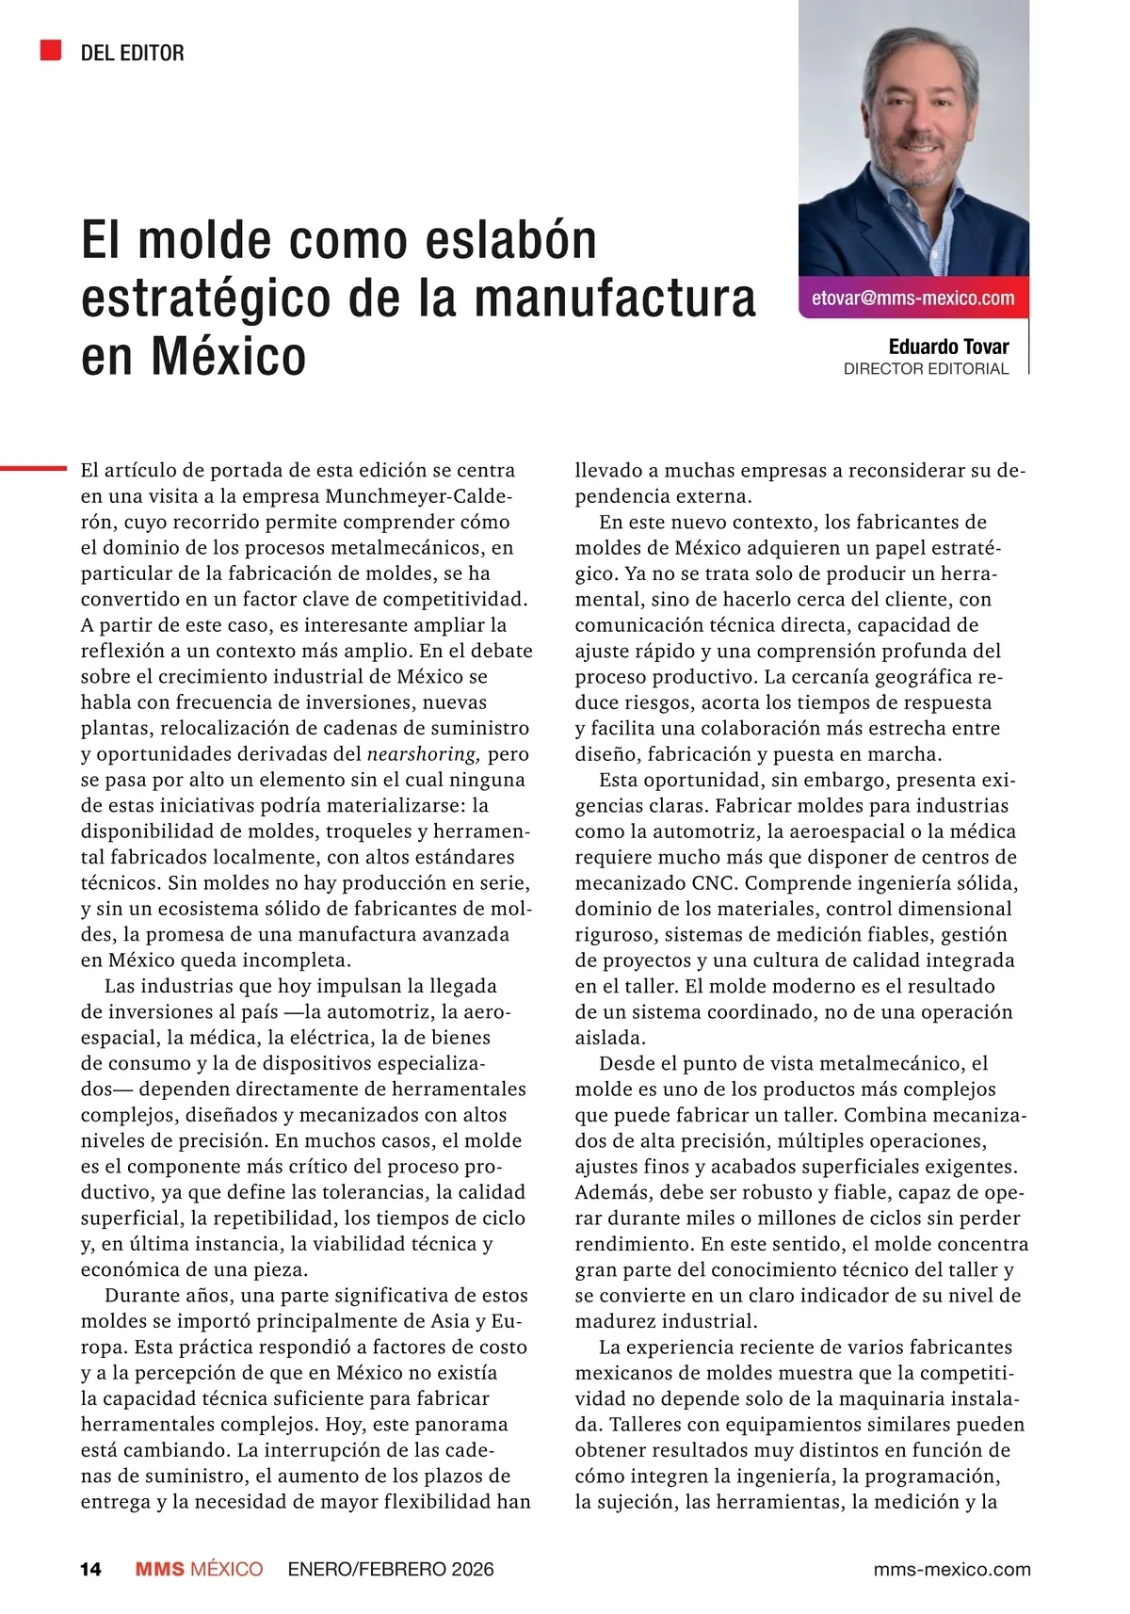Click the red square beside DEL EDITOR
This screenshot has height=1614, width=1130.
(x=51, y=51)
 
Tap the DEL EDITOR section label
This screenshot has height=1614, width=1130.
(x=132, y=53)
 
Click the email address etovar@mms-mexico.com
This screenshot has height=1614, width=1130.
(x=912, y=299)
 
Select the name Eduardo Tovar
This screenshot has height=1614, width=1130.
(x=948, y=347)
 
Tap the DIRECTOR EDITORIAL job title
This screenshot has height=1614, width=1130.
(x=926, y=369)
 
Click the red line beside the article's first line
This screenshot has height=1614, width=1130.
(x=33, y=467)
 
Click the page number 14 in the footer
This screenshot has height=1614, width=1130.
(x=90, y=1569)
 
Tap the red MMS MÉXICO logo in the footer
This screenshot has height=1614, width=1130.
(x=199, y=1569)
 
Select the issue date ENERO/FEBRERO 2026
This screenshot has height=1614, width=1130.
(x=391, y=1569)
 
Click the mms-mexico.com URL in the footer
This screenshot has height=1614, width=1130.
(x=952, y=1569)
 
